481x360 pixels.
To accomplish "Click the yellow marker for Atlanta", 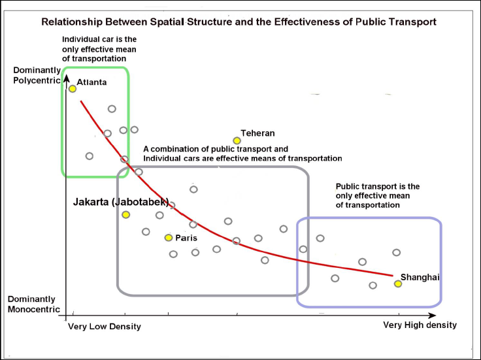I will point(72,88).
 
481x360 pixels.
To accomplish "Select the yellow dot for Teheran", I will point(237,140).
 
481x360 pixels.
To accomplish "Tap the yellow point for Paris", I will point(169,238).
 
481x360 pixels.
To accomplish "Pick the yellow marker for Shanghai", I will point(397,284).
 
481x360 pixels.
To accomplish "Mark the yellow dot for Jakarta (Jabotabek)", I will point(125,214).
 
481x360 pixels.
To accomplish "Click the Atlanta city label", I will point(91,82).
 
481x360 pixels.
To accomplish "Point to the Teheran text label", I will point(257,133).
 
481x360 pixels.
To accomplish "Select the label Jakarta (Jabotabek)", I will point(121,201).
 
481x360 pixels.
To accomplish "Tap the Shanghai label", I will point(420,277).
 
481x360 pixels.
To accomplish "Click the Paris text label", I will point(186,238).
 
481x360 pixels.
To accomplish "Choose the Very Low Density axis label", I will point(105,326).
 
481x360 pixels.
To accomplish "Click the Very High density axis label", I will point(420,325).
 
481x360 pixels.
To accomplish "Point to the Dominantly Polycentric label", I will point(37,75).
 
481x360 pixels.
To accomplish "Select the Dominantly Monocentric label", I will point(34,304).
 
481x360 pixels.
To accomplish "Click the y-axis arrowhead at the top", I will point(66,80).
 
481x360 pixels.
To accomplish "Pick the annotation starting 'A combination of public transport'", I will point(242,154).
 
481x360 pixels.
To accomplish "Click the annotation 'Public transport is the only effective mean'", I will point(377,195).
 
